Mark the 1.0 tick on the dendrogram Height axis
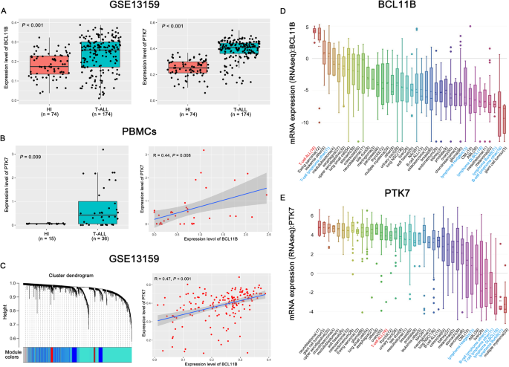(16, 282)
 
